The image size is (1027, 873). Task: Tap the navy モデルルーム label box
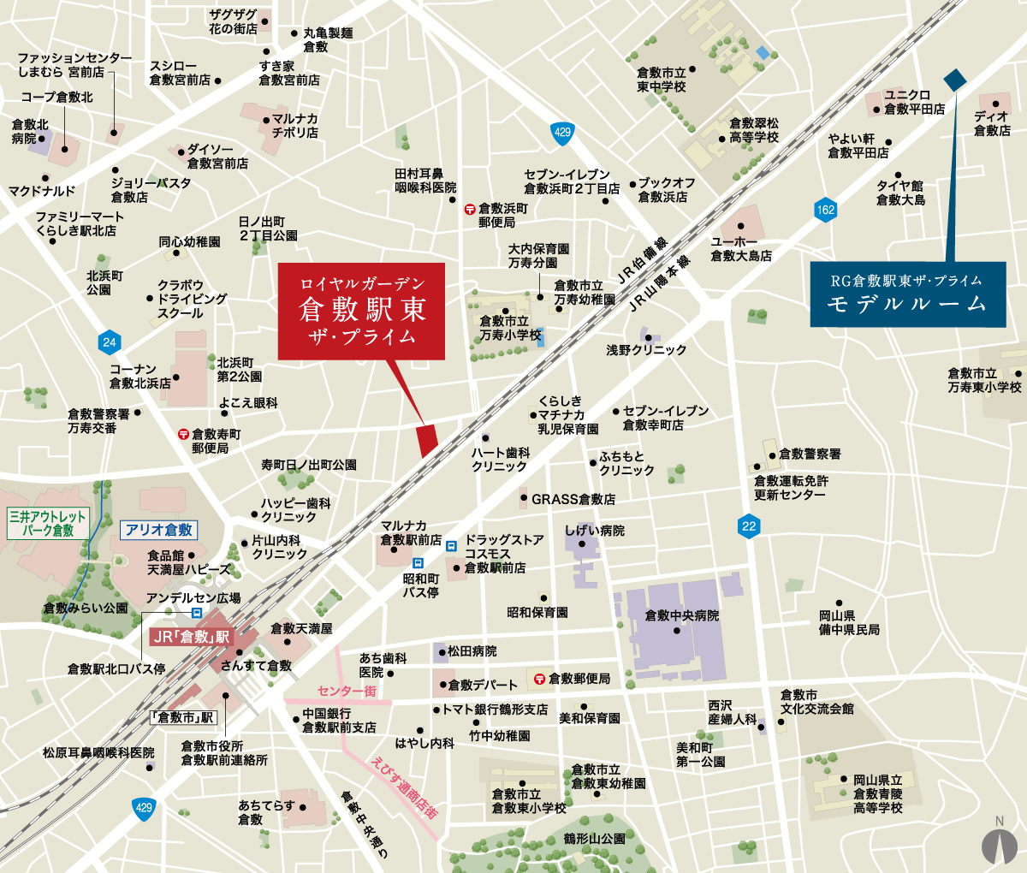(x=907, y=294)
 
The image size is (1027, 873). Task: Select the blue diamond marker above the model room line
(x=954, y=80)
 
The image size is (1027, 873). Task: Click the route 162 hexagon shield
(x=825, y=210)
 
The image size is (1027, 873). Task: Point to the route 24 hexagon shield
(x=109, y=342)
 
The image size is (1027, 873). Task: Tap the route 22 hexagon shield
(x=749, y=526)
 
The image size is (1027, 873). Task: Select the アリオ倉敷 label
(x=158, y=530)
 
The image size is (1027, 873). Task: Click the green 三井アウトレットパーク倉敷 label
(x=48, y=523)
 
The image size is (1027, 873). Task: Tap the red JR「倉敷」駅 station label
(x=191, y=637)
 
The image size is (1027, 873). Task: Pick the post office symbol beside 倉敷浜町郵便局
(x=469, y=209)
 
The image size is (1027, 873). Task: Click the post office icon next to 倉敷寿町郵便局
(x=182, y=435)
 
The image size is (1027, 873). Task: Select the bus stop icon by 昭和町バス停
(x=418, y=563)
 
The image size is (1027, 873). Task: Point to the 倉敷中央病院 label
(x=681, y=615)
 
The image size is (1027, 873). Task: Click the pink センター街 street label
(x=346, y=691)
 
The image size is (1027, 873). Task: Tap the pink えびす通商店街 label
(x=405, y=787)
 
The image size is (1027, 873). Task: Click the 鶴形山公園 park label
(x=594, y=839)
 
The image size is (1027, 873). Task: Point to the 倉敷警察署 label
(x=810, y=454)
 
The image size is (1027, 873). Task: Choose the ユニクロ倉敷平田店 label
(x=914, y=102)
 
